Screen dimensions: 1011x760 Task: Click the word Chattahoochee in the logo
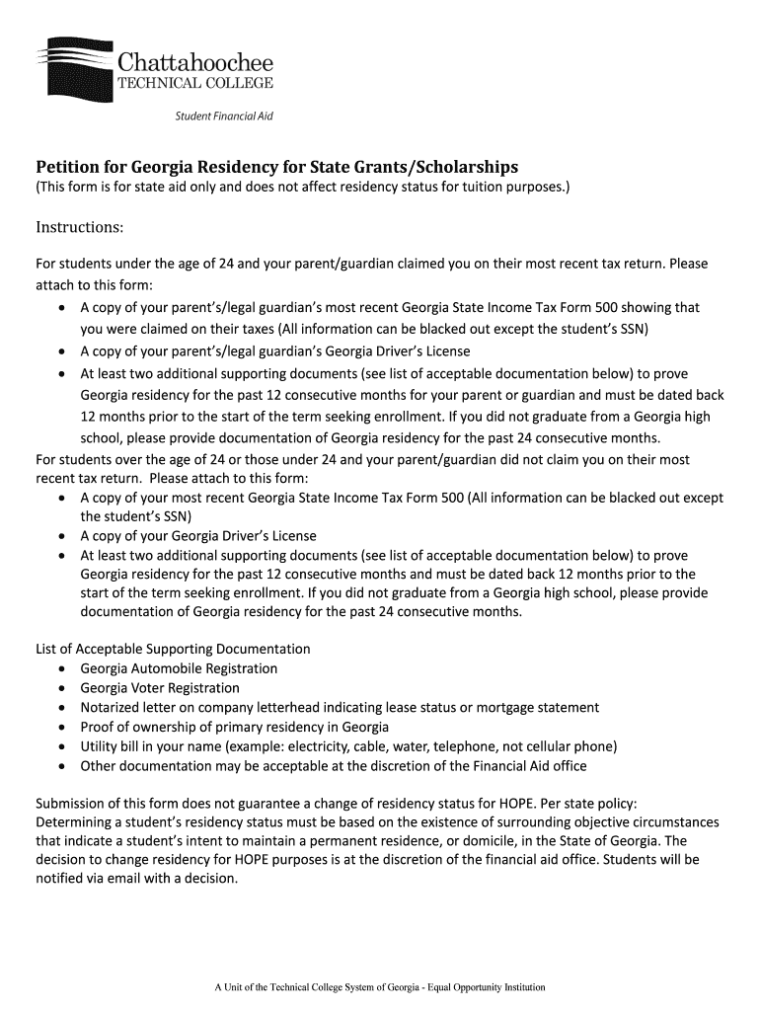click(x=195, y=63)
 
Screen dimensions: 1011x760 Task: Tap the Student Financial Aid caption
click(x=224, y=117)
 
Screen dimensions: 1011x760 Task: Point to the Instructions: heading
click(x=80, y=228)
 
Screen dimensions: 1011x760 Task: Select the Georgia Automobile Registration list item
click(x=179, y=668)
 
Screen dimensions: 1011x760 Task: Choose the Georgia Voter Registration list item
click(x=160, y=688)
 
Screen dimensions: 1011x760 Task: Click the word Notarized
click(x=111, y=708)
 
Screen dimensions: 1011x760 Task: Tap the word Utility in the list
click(x=99, y=746)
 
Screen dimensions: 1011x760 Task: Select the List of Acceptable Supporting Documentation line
click(x=173, y=649)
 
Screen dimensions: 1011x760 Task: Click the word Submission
click(x=73, y=804)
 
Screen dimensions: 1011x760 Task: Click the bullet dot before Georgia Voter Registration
click(x=61, y=689)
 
